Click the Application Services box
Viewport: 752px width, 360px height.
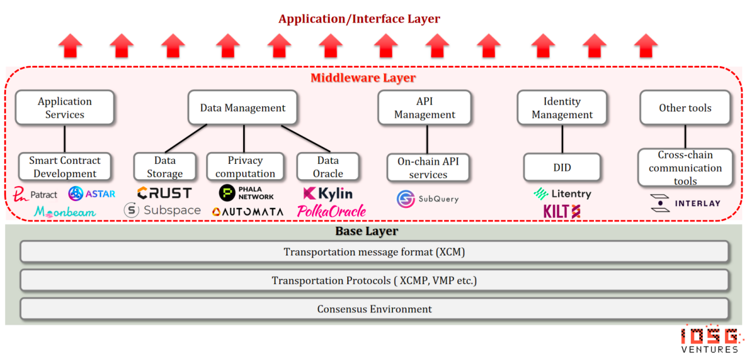[x=65, y=107]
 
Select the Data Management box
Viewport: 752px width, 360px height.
[x=243, y=107]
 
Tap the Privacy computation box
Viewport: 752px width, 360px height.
[x=245, y=167]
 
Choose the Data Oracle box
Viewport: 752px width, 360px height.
[x=328, y=167]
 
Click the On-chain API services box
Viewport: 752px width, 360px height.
[x=428, y=168]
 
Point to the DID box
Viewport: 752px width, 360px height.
[x=562, y=167]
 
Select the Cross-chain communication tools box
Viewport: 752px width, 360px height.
[x=685, y=167]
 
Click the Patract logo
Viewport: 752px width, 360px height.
[x=35, y=194]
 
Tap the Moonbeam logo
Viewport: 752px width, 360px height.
[x=65, y=211]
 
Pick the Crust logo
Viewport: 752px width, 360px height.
[x=164, y=193]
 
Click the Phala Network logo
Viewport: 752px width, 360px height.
[x=246, y=193]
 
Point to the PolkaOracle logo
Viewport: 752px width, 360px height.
[x=331, y=211]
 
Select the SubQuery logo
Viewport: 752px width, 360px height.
[x=428, y=199]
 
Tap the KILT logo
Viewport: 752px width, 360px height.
[x=562, y=211]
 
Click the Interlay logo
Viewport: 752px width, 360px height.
[x=685, y=203]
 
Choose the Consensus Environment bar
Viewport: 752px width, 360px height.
[x=374, y=309]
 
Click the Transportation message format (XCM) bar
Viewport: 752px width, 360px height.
[x=374, y=251]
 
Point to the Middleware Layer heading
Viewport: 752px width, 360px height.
[x=363, y=78]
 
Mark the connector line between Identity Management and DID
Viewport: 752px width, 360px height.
[x=562, y=139]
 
